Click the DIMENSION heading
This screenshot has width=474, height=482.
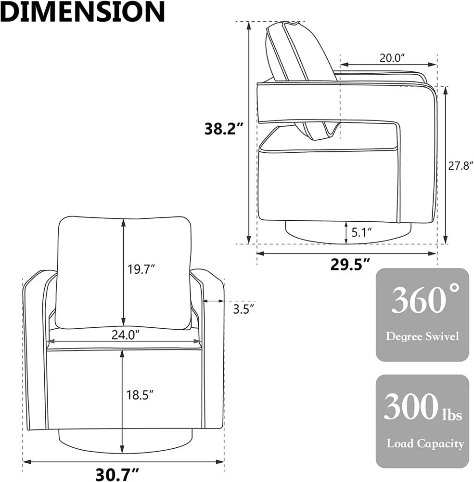(82, 12)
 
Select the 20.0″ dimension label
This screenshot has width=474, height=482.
(392, 58)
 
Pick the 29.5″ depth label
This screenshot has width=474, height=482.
(350, 264)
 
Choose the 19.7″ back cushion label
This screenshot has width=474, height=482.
(141, 269)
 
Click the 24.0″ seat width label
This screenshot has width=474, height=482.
(126, 335)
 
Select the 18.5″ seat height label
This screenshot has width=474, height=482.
(140, 395)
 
